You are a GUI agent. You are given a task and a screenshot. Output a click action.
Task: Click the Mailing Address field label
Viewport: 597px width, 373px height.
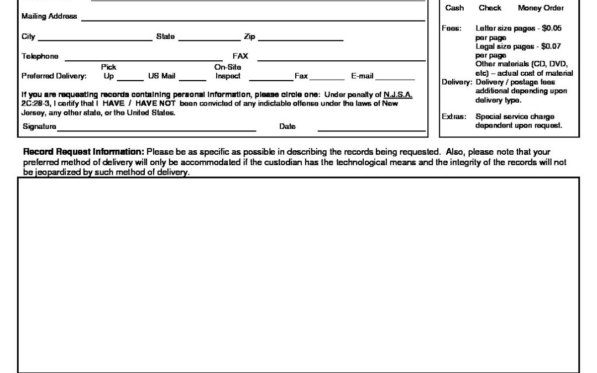pyautogui.click(x=49, y=17)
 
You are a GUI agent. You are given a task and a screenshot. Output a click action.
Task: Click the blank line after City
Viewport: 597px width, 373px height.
pyautogui.click(x=95, y=39)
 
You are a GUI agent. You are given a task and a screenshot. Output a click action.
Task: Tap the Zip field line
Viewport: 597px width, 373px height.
pyautogui.click(x=300, y=39)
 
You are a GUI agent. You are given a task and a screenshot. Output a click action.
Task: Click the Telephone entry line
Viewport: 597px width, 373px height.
pyautogui.click(x=144, y=58)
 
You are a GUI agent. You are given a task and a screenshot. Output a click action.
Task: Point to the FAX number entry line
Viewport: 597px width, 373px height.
pyautogui.click(x=341, y=58)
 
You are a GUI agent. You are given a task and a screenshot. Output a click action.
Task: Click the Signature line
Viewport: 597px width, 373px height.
pyautogui.click(x=156, y=129)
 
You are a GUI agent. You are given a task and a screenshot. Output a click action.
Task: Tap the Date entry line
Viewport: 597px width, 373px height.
pyautogui.click(x=371, y=129)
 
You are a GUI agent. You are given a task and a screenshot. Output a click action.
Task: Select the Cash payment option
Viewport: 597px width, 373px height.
pyautogui.click(x=454, y=8)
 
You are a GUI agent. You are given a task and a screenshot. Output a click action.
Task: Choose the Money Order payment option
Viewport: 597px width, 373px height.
pyautogui.click(x=541, y=8)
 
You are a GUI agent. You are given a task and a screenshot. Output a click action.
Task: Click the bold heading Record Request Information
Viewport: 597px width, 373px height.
pyautogui.click(x=83, y=151)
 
